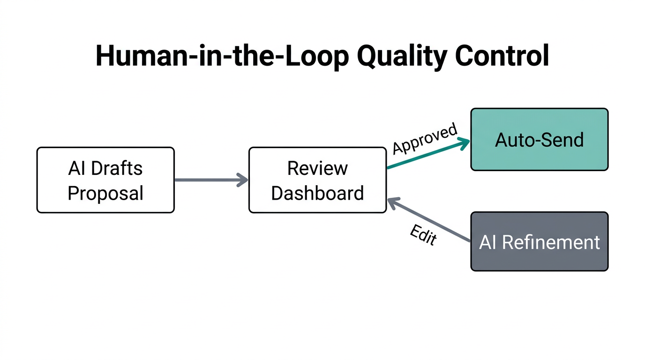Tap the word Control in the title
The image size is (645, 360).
click(502, 56)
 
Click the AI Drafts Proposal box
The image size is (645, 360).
click(105, 180)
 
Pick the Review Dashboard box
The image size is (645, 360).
click(317, 180)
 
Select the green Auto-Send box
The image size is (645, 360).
click(539, 140)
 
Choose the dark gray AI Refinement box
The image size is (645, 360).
click(539, 242)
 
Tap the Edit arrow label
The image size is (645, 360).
click(423, 235)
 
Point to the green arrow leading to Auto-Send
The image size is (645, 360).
click(427, 154)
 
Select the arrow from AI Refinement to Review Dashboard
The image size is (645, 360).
click(429, 220)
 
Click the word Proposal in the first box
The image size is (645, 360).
click(105, 193)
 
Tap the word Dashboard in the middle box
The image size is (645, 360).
click(317, 193)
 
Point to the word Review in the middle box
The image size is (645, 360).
click(317, 168)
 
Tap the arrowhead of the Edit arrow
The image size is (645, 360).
click(393, 202)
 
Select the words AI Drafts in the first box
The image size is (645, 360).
click(105, 168)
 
